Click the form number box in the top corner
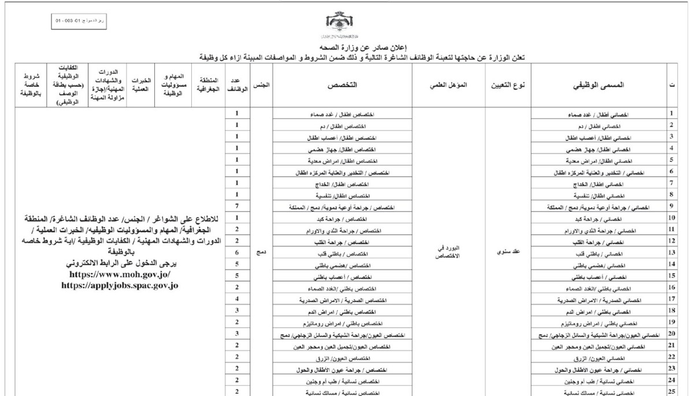point(80,21)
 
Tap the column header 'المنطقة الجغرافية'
point(211,84)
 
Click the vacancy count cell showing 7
point(237,206)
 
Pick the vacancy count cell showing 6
point(237,253)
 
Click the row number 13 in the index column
point(671,253)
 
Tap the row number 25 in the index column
point(671,391)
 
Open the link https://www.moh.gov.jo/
point(120,274)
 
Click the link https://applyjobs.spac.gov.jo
point(120,284)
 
